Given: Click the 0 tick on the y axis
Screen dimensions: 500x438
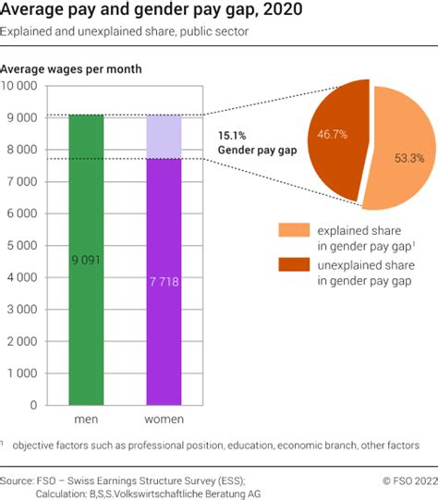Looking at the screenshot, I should tap(34, 405).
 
